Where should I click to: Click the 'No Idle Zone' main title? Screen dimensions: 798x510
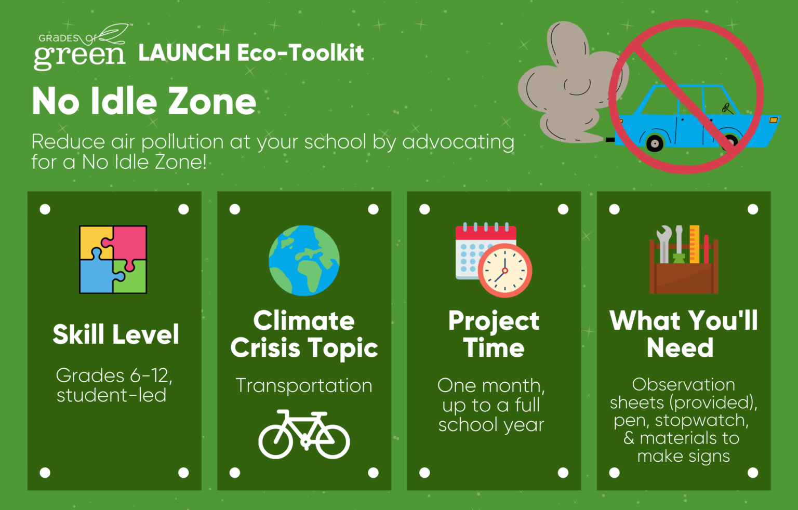tap(144, 101)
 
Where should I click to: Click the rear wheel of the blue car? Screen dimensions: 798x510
tap(655, 143)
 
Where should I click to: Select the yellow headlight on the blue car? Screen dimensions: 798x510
tap(774, 120)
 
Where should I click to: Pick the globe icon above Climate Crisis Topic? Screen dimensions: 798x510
tap(304, 260)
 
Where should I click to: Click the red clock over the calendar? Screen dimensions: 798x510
tap(505, 270)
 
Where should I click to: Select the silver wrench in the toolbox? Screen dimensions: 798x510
tap(664, 244)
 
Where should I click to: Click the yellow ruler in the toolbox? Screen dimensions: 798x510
tap(694, 244)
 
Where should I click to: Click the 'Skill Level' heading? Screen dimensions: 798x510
tap(116, 334)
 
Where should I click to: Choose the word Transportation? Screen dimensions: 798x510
tap(304, 386)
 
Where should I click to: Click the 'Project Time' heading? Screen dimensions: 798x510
tap(494, 334)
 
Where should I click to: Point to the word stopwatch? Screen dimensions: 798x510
tap(701, 420)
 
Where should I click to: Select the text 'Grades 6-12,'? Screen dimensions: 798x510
tap(114, 375)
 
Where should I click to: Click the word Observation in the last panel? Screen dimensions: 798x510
tap(683, 385)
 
